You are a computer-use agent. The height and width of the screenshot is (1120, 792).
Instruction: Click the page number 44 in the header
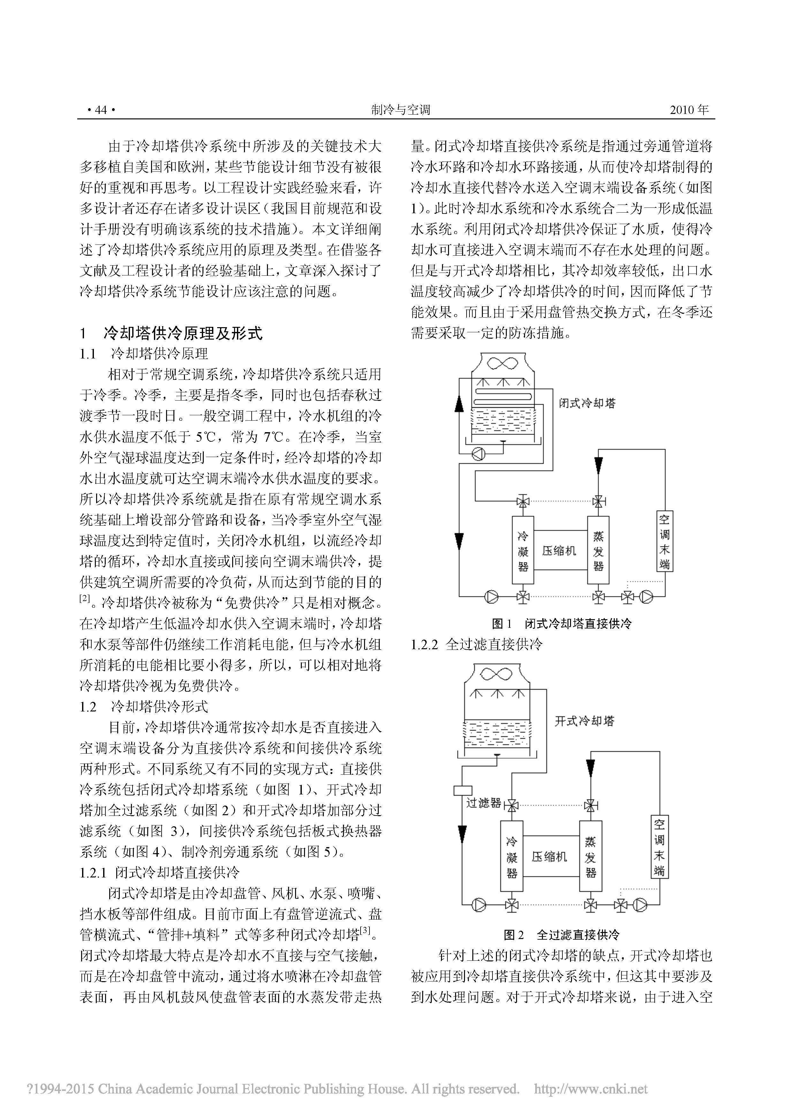101,110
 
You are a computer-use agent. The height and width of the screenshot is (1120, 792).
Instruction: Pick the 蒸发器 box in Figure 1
598,551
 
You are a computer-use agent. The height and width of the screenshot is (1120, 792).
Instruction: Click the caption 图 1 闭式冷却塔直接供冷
562,623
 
